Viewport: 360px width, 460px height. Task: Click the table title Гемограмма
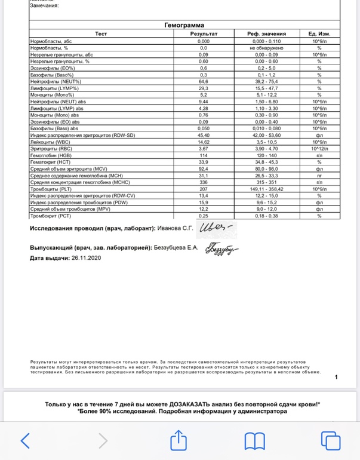point(184,26)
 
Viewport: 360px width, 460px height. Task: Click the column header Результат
point(204,34)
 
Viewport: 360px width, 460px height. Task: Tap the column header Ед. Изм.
point(319,34)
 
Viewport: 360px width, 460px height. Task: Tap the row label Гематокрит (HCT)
point(49,162)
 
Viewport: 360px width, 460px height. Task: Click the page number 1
point(336,377)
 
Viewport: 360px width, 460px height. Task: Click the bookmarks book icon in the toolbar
point(255,441)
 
